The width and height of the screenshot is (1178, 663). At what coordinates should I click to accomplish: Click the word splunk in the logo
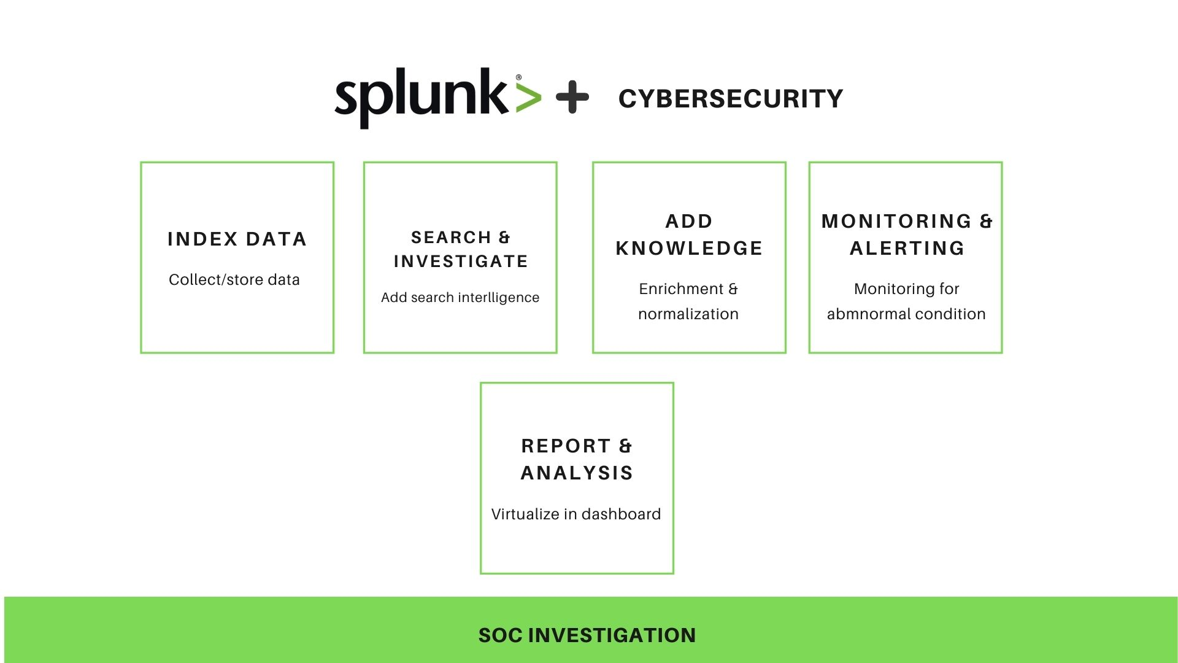(421, 97)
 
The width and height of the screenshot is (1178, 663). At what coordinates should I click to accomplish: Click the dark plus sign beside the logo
(572, 97)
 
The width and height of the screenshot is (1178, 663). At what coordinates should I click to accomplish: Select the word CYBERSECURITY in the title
(730, 99)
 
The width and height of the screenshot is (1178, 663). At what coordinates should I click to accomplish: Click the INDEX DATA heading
(237, 239)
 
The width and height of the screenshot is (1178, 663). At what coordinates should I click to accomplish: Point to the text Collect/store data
(234, 279)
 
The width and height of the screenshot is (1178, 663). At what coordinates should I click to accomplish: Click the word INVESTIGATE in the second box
(461, 262)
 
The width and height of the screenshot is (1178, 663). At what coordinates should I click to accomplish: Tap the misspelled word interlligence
(499, 298)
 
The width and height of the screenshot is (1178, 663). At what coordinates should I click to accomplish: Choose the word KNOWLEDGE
(689, 248)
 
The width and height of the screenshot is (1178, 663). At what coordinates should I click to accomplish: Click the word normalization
(688, 314)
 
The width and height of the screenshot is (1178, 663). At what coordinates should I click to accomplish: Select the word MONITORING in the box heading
(896, 221)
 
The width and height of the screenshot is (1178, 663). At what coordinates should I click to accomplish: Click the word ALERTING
(907, 248)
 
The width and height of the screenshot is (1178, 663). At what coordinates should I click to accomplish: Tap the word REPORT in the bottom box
(566, 446)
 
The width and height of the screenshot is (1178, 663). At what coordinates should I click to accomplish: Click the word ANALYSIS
(577, 473)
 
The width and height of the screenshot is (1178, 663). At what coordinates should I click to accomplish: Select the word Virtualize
(525, 514)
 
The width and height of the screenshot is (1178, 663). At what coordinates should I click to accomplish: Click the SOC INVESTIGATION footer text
(587, 635)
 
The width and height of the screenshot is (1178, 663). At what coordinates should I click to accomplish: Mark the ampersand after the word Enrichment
(733, 289)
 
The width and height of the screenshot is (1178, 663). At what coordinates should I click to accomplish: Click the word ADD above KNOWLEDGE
(689, 221)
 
